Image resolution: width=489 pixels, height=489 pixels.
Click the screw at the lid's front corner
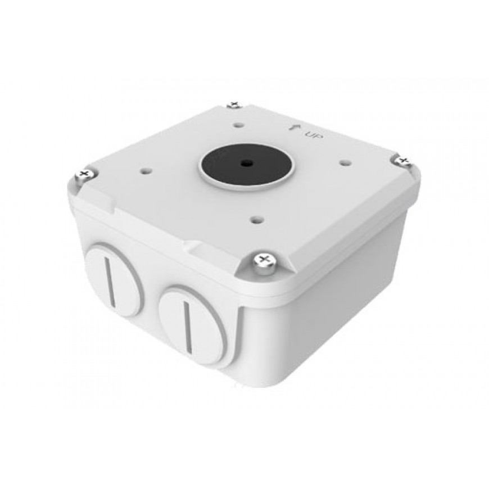(264, 263)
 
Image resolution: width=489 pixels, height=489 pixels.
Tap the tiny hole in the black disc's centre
(247, 163)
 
